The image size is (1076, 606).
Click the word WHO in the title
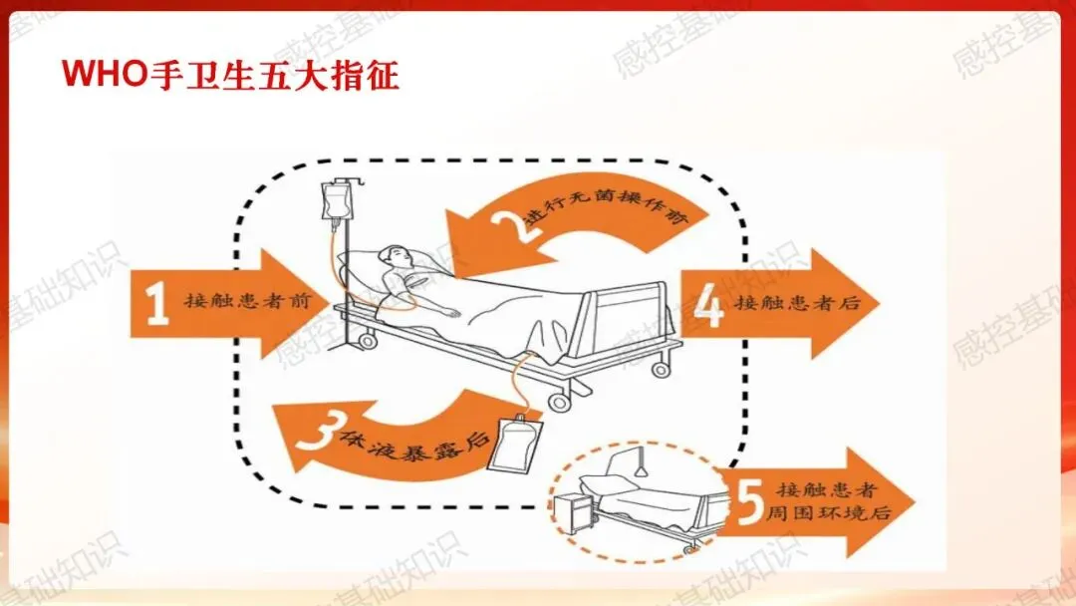click(x=104, y=74)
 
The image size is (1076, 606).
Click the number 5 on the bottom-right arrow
click(x=750, y=501)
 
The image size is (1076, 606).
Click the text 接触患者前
click(x=248, y=301)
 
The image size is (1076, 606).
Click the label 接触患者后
click(x=797, y=303)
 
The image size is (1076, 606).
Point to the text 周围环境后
click(x=828, y=512)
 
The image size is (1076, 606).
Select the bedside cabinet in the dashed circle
click(x=574, y=512)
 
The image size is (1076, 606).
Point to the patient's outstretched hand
click(x=450, y=313)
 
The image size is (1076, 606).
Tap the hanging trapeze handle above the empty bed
click(x=642, y=463)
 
